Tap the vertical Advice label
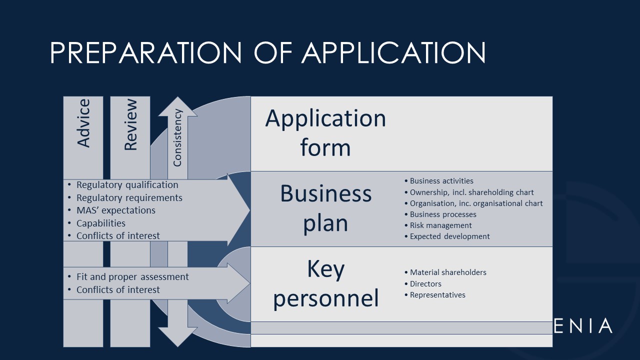point(83,123)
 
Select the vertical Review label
point(130,125)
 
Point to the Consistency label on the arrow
point(177,137)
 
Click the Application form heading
point(325,132)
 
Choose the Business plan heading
point(325,208)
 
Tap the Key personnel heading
point(325,283)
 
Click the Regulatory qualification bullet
point(127,185)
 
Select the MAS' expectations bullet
point(115,210)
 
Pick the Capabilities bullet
point(100,223)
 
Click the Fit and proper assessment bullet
point(132,276)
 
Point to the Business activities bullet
point(441,181)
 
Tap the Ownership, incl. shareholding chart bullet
point(471,192)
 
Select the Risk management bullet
point(440,225)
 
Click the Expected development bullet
point(449,236)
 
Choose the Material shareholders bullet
point(448,272)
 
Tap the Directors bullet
point(425,283)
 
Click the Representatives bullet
point(437,295)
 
